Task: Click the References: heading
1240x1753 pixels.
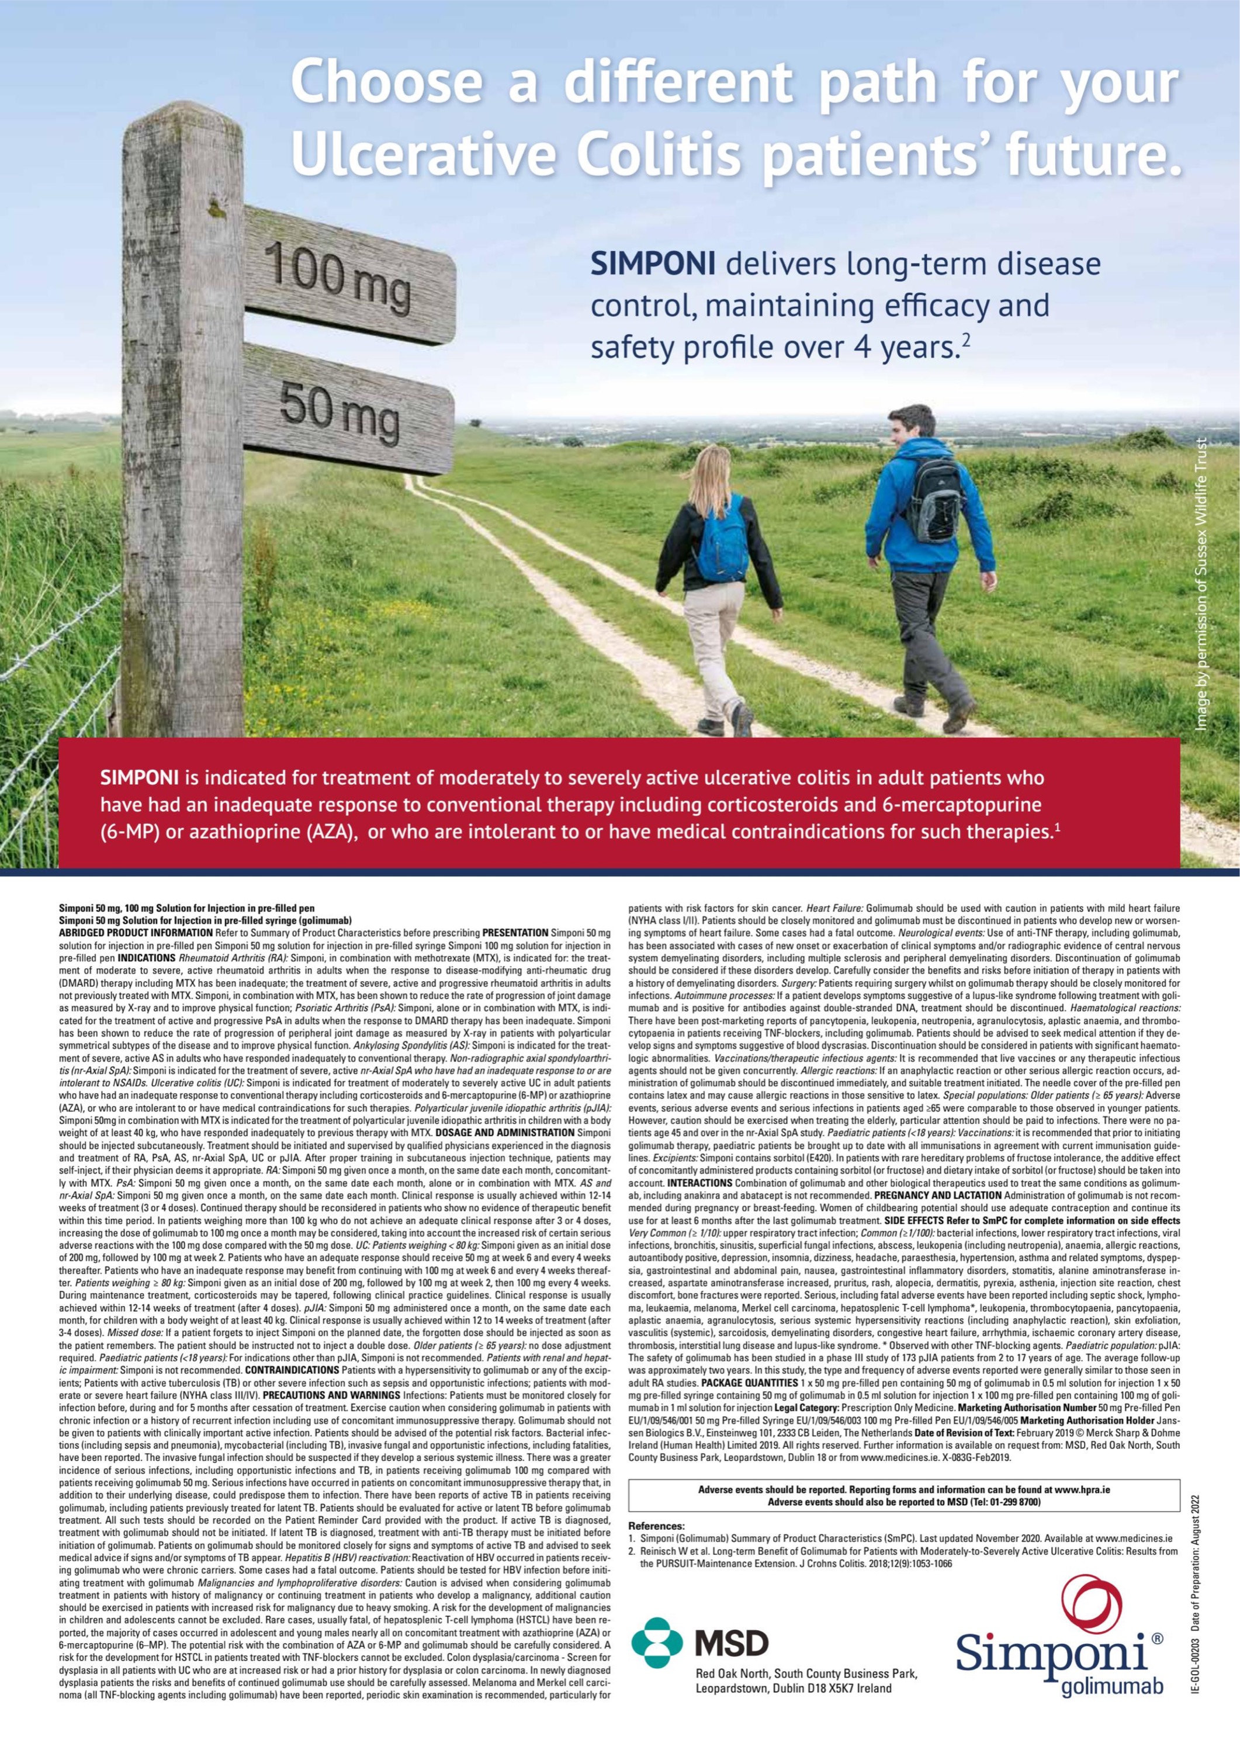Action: (x=656, y=1526)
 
